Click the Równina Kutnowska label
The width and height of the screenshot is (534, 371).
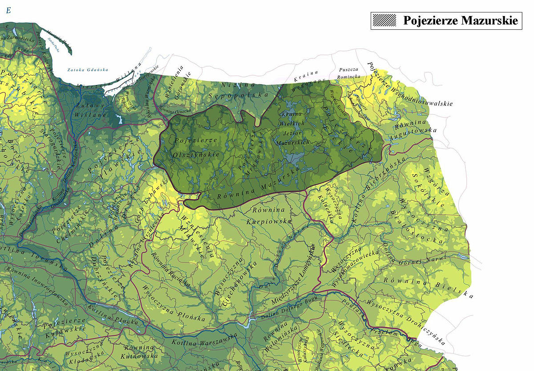[141, 351]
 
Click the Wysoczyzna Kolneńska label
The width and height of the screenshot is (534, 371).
[336, 204]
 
